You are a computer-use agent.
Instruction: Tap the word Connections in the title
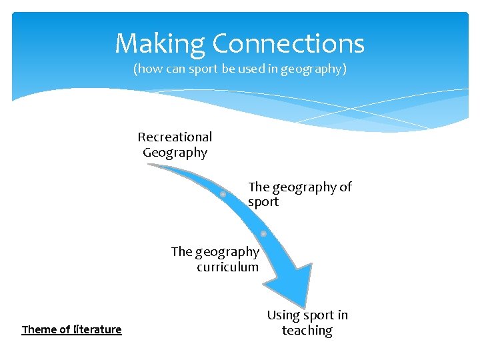tap(288, 45)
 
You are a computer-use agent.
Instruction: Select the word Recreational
tap(175, 137)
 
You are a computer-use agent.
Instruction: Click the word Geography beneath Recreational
tap(175, 153)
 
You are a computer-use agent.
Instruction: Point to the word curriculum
tap(227, 267)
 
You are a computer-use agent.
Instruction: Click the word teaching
tap(307, 331)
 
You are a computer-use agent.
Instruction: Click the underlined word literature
tap(97, 329)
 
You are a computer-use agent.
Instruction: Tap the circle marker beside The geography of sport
tap(223, 194)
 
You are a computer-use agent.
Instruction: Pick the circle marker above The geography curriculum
tap(263, 234)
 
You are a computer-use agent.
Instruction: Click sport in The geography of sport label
tap(263, 202)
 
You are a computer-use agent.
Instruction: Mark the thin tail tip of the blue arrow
tap(149, 165)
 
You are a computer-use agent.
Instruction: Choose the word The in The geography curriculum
tap(181, 252)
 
